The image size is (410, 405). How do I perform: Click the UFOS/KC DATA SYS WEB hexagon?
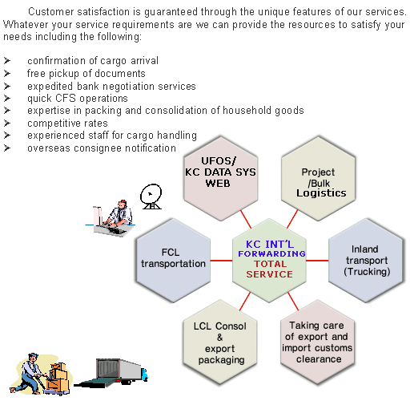pyautogui.click(x=221, y=178)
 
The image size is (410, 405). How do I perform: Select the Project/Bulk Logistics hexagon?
pyautogui.click(x=318, y=178)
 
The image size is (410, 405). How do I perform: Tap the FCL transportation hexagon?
pyautogui.click(x=173, y=261)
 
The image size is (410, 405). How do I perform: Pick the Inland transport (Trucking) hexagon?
pyautogui.click(x=365, y=261)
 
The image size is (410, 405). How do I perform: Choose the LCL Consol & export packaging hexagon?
pyautogui.click(x=220, y=342)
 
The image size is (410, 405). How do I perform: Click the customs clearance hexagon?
pyautogui.click(x=317, y=342)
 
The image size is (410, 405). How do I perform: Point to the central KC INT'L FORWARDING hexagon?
pyautogui.click(x=269, y=261)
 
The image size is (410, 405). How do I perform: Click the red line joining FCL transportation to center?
pyautogui.click(x=221, y=261)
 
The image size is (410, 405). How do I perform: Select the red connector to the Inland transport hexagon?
pyautogui.click(x=317, y=261)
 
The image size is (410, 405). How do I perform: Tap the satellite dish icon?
pyautogui.click(x=151, y=196)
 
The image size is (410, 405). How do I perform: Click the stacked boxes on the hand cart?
pyautogui.click(x=58, y=375)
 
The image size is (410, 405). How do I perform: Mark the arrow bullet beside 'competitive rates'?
pyautogui.click(x=7, y=123)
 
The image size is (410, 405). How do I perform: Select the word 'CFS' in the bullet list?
pyautogui.click(x=66, y=98)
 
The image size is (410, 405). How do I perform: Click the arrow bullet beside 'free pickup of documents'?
pyautogui.click(x=7, y=73)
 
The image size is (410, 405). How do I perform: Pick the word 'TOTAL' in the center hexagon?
pyautogui.click(x=270, y=264)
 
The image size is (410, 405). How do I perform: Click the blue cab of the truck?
pyautogui.click(x=144, y=375)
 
